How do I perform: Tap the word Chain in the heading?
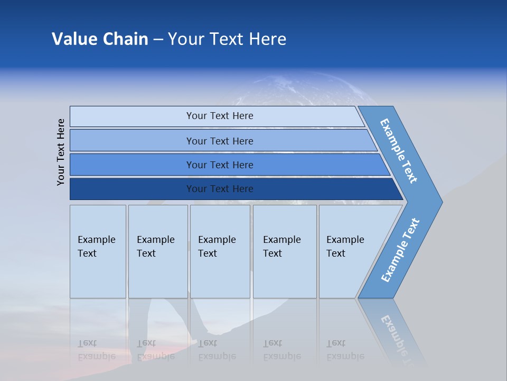click(125, 39)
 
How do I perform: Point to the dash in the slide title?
click(158, 40)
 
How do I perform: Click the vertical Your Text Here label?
click(61, 152)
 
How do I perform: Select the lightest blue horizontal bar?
click(219, 116)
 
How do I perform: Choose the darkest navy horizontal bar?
click(219, 189)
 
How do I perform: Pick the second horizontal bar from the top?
click(219, 141)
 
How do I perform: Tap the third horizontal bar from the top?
click(219, 165)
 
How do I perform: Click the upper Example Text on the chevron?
click(399, 151)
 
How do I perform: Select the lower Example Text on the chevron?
click(400, 250)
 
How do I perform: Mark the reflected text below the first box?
click(96, 350)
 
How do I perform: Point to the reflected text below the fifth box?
click(345, 350)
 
